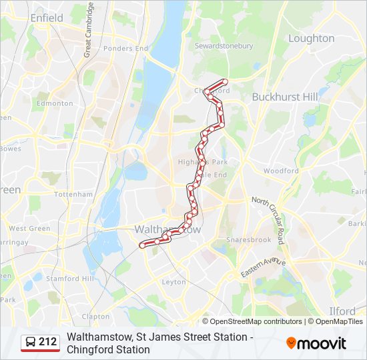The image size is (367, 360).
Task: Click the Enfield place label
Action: (46, 18)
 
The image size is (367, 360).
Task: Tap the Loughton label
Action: (311, 39)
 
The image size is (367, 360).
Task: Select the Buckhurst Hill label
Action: (285, 97)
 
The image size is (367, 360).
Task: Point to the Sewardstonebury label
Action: (224, 46)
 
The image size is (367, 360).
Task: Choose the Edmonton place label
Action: (55, 103)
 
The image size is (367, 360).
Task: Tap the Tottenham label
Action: (73, 194)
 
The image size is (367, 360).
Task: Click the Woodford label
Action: (281, 171)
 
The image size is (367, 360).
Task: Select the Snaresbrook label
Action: (249, 239)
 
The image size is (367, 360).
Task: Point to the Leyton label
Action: (174, 282)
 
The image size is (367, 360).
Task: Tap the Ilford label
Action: (342, 311)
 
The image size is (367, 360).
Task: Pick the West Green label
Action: (29, 228)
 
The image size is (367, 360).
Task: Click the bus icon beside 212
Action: (31, 343)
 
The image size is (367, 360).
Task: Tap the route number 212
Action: (48, 343)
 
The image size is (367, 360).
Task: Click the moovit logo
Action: (316, 343)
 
